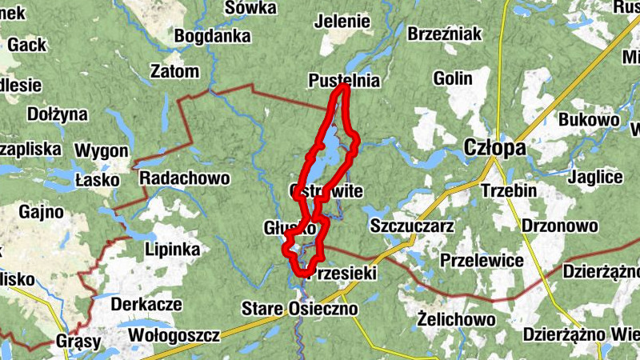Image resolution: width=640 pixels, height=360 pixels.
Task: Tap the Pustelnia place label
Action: click(x=344, y=81)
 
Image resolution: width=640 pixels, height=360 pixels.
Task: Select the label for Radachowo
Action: click(x=184, y=178)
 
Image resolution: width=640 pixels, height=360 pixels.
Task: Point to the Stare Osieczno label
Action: click(x=300, y=308)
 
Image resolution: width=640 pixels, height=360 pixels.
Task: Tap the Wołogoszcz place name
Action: click(x=174, y=332)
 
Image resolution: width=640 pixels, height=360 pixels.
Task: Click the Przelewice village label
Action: click(x=482, y=261)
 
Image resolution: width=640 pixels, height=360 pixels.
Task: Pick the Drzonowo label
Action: click(x=559, y=226)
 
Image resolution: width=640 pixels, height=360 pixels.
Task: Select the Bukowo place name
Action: click(x=590, y=120)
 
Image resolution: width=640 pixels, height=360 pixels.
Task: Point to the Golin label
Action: click(x=452, y=78)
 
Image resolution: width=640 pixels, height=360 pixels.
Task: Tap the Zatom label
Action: click(x=174, y=72)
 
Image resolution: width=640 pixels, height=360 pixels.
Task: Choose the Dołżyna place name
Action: click(x=57, y=114)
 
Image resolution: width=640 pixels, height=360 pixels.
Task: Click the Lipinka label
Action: click(x=173, y=249)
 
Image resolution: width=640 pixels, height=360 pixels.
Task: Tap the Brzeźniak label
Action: click(x=445, y=34)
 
